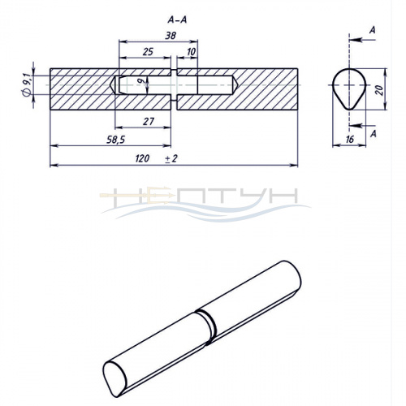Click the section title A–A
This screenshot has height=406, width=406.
coord(177,19)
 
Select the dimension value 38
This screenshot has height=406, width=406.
coord(171,35)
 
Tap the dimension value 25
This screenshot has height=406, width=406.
coord(148,51)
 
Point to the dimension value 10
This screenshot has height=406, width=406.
coord(192,52)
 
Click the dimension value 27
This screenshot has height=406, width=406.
coord(149,122)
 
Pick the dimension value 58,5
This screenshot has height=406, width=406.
coord(115,140)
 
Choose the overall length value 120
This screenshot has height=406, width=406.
coord(142,158)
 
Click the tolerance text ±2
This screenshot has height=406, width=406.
coord(171,158)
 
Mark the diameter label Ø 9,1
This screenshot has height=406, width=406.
coord(27,85)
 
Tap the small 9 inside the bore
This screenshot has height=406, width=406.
coord(140,80)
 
